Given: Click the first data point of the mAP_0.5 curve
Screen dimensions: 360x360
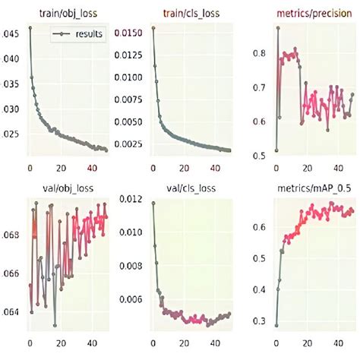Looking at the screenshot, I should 276,325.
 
